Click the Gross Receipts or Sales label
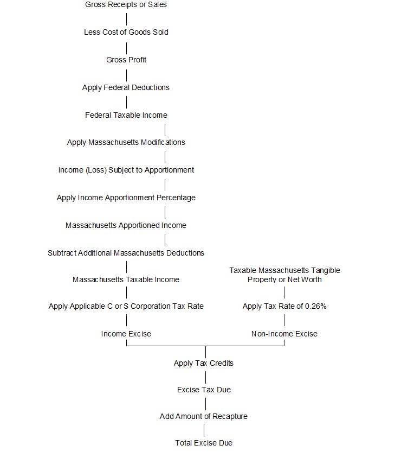click(126, 5)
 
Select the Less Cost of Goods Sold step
click(126, 33)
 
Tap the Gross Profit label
click(126, 60)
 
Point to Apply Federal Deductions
click(126, 87)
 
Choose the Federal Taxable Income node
click(126, 115)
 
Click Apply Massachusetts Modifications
click(126, 143)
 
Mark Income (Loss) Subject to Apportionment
click(126, 170)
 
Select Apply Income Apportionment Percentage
click(126, 198)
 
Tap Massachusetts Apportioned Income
click(126, 225)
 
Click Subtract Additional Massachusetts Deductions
click(126, 253)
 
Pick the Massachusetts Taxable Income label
click(126, 280)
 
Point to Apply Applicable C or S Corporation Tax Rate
click(126, 307)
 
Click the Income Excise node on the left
click(126, 334)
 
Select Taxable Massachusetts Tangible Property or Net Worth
click(284, 275)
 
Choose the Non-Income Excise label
click(284, 334)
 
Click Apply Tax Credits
click(204, 364)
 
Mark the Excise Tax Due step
click(204, 390)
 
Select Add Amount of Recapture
click(204, 417)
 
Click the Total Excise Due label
click(204, 443)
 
